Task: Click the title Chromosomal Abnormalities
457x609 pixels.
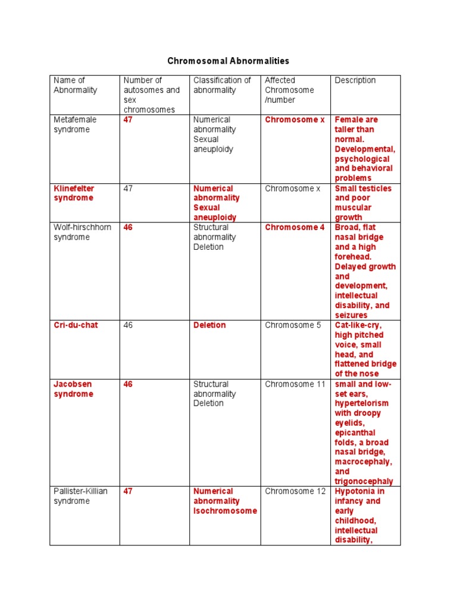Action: [228, 61]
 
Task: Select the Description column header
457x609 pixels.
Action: [355, 80]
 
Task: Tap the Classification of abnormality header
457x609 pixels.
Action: [222, 85]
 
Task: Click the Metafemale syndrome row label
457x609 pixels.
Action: [75, 124]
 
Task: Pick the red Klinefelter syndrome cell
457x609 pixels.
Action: [74, 193]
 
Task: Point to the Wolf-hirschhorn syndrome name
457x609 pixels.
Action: [75, 232]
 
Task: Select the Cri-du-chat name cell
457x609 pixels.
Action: [76, 325]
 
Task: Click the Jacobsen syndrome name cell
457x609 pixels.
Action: [73, 389]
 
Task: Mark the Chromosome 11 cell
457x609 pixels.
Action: [295, 384]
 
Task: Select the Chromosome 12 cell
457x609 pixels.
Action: [295, 491]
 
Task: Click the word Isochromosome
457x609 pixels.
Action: [225, 511]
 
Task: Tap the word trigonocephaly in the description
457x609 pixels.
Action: [364, 481]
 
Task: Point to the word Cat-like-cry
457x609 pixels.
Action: [358, 325]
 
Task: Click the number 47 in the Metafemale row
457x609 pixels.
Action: [128, 120]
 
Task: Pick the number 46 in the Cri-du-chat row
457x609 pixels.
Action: [128, 325]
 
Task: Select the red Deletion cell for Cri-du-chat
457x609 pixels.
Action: [209, 325]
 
